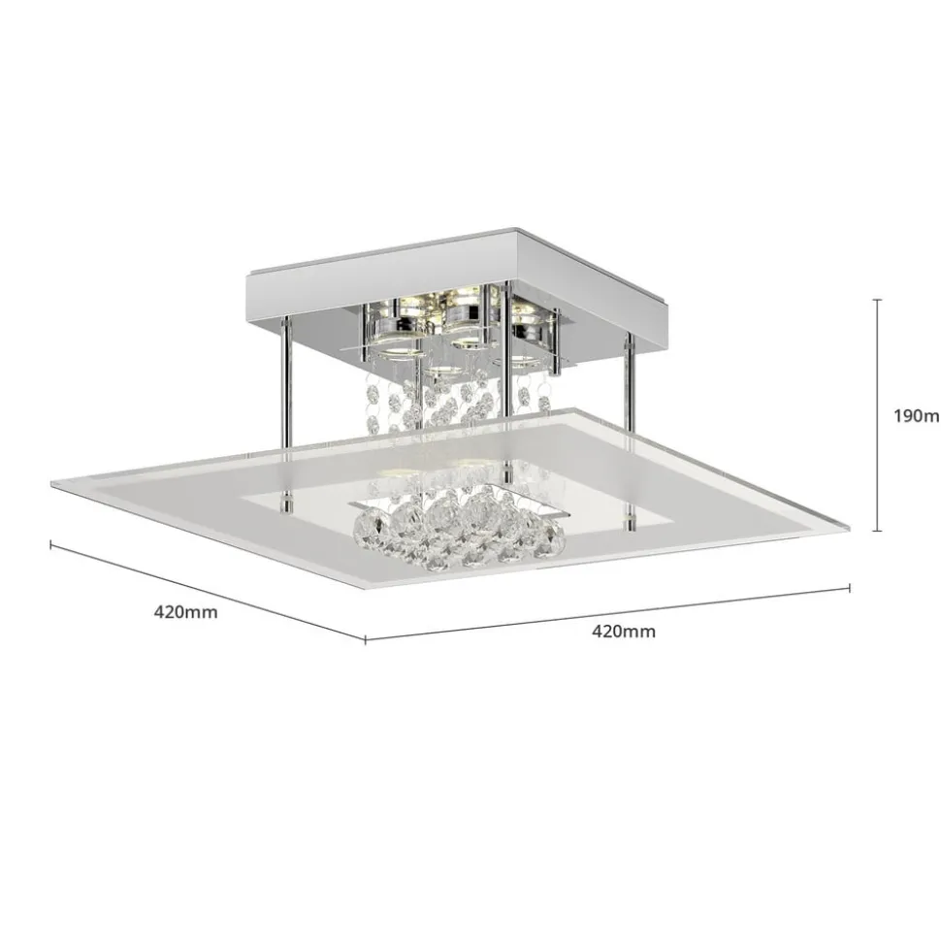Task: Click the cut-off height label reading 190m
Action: (916, 416)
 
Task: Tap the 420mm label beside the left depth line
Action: (185, 612)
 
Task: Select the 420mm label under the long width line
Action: (624, 632)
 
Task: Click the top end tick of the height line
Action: (878, 301)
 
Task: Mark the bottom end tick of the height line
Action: (878, 531)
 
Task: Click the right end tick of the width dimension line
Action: (850, 587)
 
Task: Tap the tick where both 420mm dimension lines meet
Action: (365, 639)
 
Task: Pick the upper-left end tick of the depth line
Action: (50, 543)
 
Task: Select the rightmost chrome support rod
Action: (630, 388)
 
